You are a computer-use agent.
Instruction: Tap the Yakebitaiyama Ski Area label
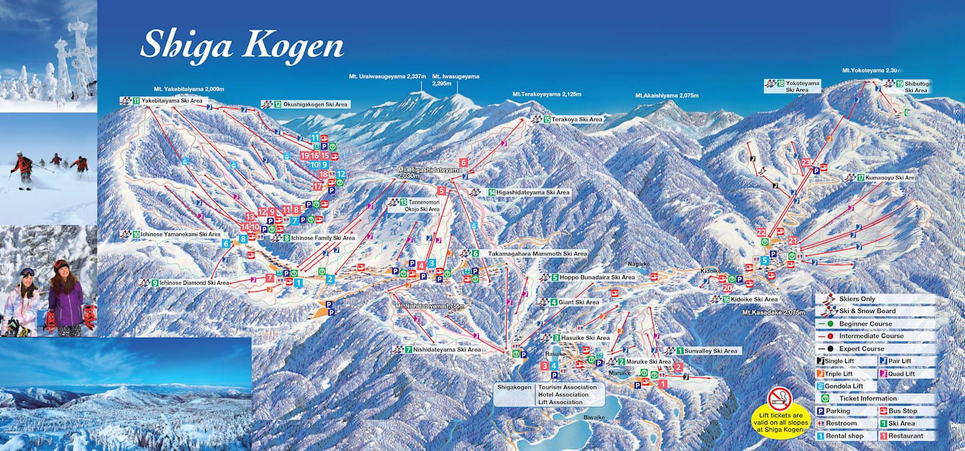(x=171, y=101)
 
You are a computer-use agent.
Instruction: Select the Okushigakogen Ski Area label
(x=314, y=105)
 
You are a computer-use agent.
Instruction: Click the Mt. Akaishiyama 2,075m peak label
(x=667, y=95)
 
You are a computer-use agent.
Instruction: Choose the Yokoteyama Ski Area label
(x=802, y=86)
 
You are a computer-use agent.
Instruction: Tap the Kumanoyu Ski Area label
(x=889, y=177)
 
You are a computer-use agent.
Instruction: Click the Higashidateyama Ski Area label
(x=532, y=193)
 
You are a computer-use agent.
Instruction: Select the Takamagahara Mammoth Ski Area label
(x=537, y=254)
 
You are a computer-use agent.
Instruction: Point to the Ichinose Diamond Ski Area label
(x=194, y=283)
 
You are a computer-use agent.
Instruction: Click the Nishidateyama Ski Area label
(x=446, y=350)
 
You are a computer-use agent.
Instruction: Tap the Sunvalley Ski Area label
(x=710, y=351)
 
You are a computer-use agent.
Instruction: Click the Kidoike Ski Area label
(x=753, y=299)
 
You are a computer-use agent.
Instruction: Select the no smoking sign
(x=780, y=399)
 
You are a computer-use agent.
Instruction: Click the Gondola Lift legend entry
(x=843, y=386)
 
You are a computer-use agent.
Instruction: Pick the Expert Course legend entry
(x=861, y=349)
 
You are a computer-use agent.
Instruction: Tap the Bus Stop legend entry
(x=902, y=411)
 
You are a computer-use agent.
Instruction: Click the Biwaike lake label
(x=594, y=417)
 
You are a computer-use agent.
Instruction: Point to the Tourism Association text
(x=567, y=387)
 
